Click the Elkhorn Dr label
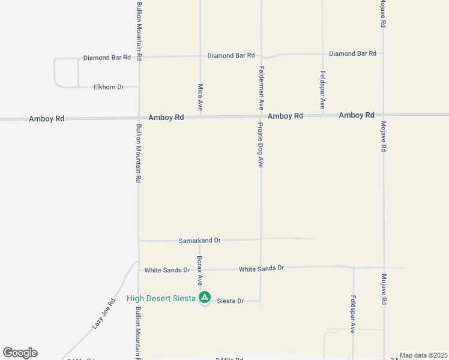(108, 87)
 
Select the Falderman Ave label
(262, 88)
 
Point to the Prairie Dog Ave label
(261, 145)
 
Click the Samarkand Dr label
(200, 241)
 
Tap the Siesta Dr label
(230, 301)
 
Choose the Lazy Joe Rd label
(103, 314)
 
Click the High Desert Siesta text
(161, 298)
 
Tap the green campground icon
(205, 297)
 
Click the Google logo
(20, 353)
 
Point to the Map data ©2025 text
(423, 355)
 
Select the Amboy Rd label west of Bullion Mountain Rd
(46, 119)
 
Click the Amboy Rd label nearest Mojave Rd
(357, 115)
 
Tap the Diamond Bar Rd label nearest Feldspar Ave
(352, 53)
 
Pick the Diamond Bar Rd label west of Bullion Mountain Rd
(107, 58)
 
